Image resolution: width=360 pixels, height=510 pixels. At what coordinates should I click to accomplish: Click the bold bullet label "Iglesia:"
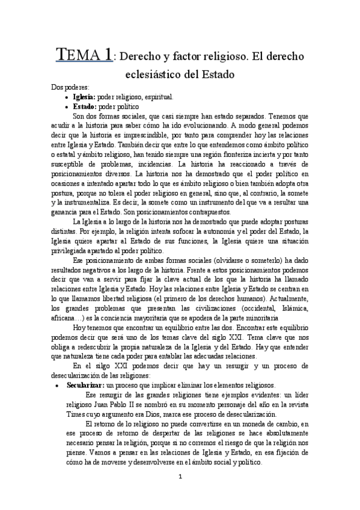point(84,96)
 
